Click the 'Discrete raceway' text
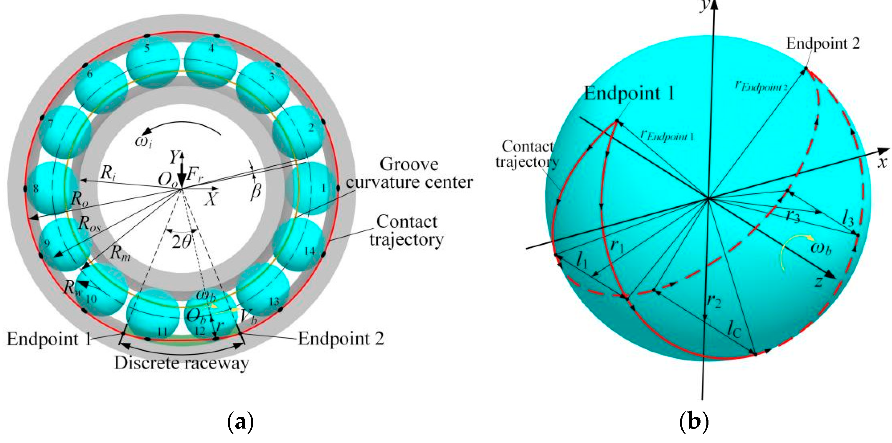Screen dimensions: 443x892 (x=181, y=363)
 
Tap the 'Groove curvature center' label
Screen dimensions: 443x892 (x=409, y=173)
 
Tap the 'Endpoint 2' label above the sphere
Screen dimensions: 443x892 (x=823, y=44)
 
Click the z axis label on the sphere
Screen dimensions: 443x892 (x=818, y=281)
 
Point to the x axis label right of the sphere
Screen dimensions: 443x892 (x=883, y=162)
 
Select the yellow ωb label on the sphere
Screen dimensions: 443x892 (x=821, y=248)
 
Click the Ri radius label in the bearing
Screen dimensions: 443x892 (x=108, y=172)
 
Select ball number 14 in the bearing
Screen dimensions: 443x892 (x=298, y=244)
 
